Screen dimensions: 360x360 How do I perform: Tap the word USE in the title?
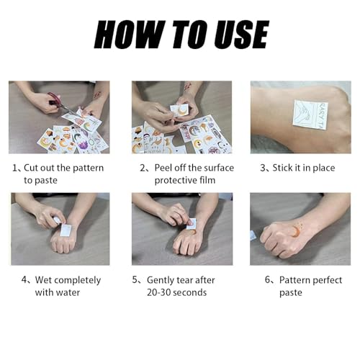tap(235, 35)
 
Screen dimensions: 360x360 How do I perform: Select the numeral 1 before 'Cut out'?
tap(14, 168)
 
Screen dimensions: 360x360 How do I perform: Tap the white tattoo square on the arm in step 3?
tap(310, 114)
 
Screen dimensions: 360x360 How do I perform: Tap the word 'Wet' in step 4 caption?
tap(35, 280)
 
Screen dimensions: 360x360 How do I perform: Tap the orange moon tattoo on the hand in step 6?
tap(297, 230)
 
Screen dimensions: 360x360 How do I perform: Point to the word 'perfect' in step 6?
tap(332, 280)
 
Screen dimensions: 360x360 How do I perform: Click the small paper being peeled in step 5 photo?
tap(191, 224)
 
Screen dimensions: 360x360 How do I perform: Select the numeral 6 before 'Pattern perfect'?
tap(267, 280)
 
